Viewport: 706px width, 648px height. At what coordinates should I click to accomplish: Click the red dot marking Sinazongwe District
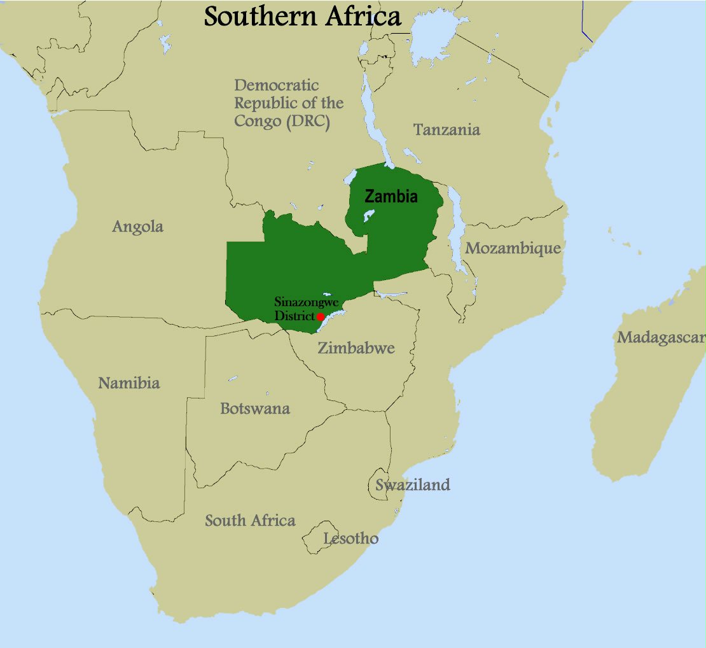(321, 316)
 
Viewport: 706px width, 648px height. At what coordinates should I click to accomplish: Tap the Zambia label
(391, 197)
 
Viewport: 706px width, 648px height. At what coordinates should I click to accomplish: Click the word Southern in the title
(261, 17)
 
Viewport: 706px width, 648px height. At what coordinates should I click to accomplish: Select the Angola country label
(138, 227)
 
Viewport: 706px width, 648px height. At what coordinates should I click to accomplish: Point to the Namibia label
(128, 383)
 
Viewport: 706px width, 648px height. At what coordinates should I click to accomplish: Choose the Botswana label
(255, 408)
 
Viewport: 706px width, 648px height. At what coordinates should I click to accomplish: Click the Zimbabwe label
(356, 348)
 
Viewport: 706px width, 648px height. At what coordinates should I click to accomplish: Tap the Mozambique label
(513, 248)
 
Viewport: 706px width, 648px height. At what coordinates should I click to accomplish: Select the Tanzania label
(446, 130)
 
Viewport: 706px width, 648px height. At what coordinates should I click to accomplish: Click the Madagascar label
(660, 337)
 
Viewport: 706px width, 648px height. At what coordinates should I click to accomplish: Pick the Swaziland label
(413, 485)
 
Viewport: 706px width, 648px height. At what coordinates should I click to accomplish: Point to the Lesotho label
(350, 539)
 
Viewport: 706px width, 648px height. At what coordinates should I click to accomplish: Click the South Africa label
(250, 521)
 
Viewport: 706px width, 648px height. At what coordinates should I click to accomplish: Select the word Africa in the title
(363, 17)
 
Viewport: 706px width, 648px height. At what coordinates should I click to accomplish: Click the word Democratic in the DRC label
(277, 85)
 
